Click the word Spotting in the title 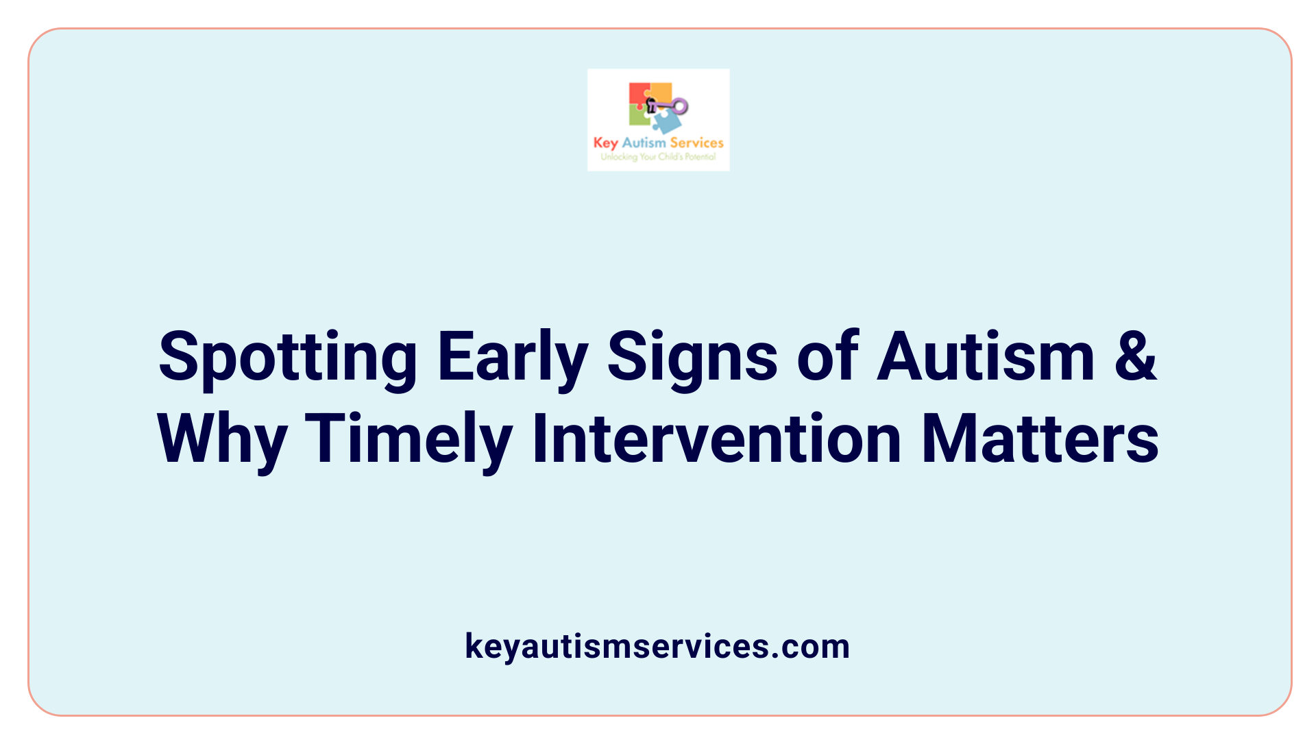tap(287, 358)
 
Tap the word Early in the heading tap(513, 358)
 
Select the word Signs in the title tap(692, 358)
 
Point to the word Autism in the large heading tap(986, 357)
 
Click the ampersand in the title tap(1135, 357)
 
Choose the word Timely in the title tap(409, 441)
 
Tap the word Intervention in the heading tap(716, 439)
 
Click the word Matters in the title tap(1040, 439)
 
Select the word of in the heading tap(827, 357)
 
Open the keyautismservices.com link tap(657, 646)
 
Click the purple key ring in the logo tap(679, 106)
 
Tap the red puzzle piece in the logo tap(637, 95)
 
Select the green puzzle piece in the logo tap(639, 116)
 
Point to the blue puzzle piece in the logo tap(667, 122)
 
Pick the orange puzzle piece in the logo tap(661, 92)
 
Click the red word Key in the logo tap(605, 143)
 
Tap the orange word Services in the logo tap(696, 143)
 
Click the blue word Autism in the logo tap(644, 143)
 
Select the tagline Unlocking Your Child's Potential tap(658, 157)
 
